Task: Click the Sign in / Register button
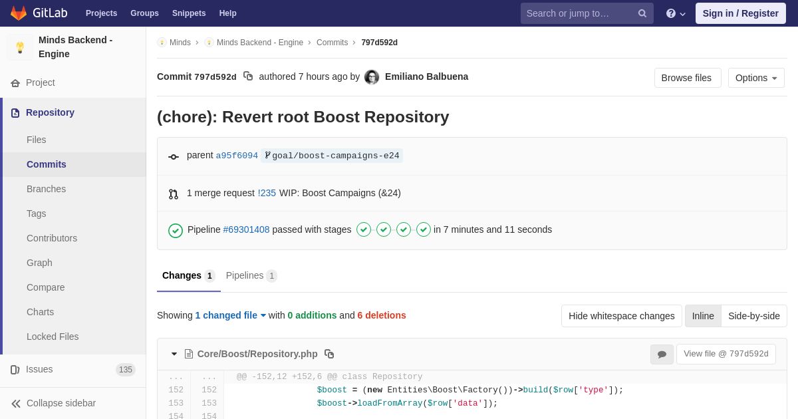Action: click(x=740, y=13)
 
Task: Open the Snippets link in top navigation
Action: click(x=189, y=13)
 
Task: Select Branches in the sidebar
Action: click(x=47, y=189)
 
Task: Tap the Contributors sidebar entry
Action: click(x=52, y=238)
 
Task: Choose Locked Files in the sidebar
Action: click(x=53, y=337)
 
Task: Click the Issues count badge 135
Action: click(x=126, y=370)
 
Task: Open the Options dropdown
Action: click(x=756, y=78)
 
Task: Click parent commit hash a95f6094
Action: click(x=237, y=156)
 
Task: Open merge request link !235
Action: click(x=267, y=193)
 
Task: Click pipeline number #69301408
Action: click(x=246, y=229)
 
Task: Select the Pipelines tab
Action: click(x=251, y=276)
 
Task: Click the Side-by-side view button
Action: click(x=754, y=316)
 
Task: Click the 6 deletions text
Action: click(x=382, y=315)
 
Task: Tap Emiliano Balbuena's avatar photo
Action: click(x=372, y=77)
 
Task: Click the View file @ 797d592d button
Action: click(x=726, y=354)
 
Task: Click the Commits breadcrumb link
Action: click(x=332, y=43)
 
